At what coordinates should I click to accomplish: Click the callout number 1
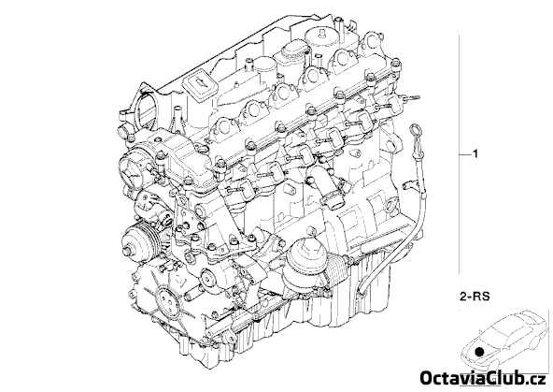coord(475,154)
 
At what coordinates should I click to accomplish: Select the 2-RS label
coord(475,296)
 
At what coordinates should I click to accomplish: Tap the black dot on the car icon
coord(479,352)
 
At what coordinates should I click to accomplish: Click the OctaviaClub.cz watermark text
coord(484,379)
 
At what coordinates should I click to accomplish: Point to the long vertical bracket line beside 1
coord(460,154)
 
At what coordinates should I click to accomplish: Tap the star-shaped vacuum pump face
coord(133,168)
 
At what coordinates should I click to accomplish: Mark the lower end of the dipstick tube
coord(362,292)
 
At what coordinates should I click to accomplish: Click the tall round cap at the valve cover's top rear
coord(321,39)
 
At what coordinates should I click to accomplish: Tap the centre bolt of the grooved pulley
coord(126,251)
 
